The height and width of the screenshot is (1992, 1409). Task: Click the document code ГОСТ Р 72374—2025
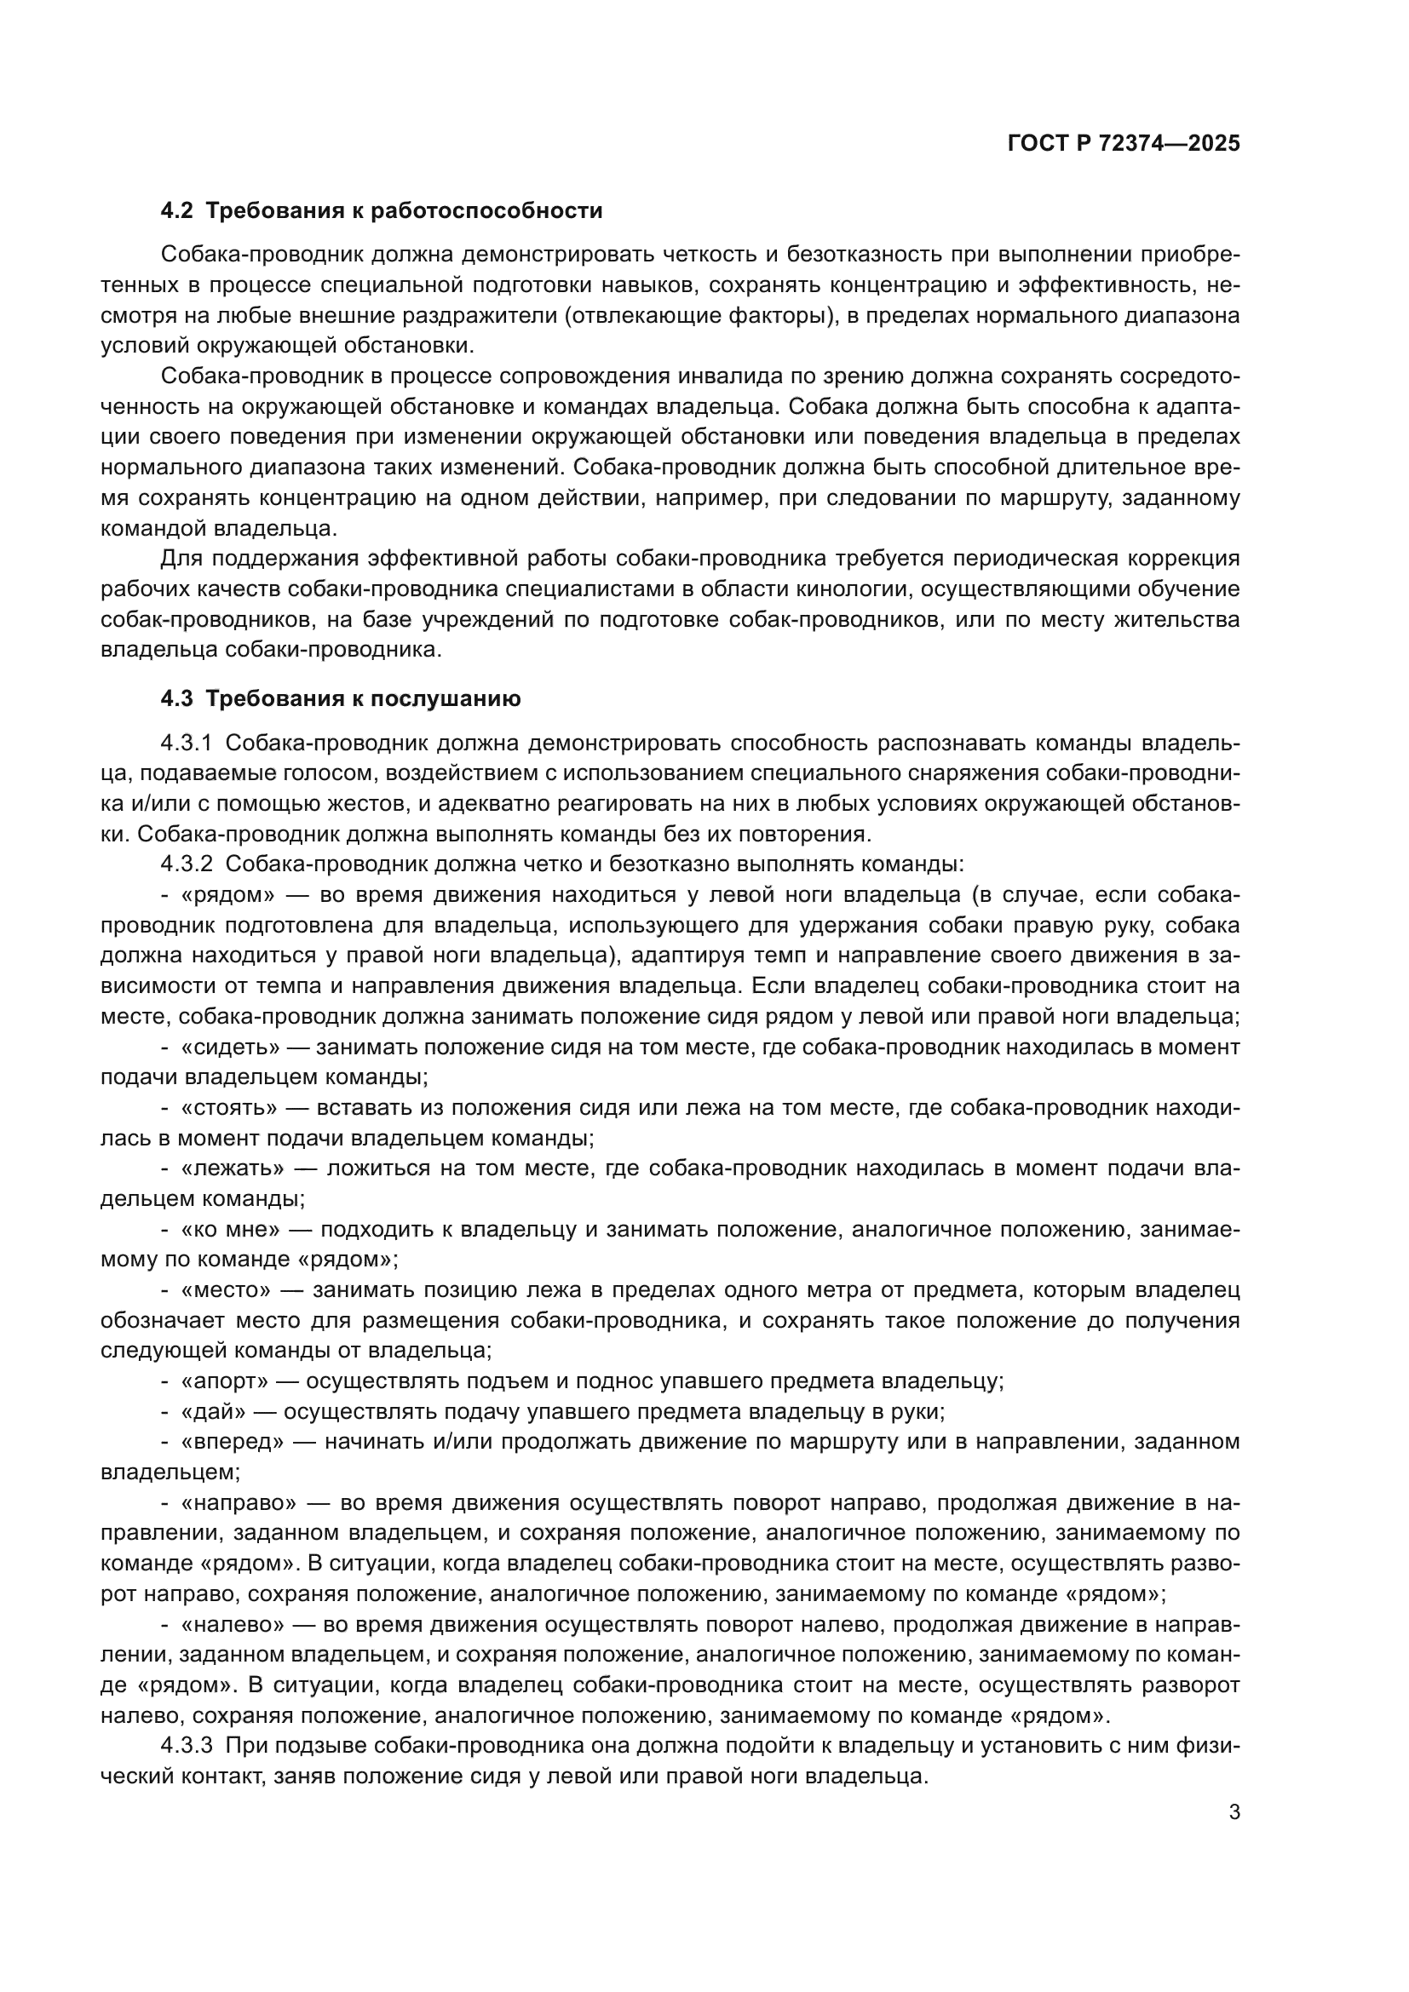tap(1124, 144)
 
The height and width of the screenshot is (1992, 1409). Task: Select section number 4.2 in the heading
tap(178, 211)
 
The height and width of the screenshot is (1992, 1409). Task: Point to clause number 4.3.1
tap(187, 743)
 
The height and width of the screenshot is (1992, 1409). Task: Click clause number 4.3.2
tap(187, 865)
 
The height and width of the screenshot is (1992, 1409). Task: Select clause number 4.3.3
tap(187, 1746)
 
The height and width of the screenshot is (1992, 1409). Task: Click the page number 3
tap(1234, 1812)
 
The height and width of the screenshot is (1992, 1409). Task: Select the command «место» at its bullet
tap(226, 1290)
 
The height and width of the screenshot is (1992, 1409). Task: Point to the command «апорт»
tap(225, 1381)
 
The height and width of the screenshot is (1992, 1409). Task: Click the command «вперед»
tap(233, 1442)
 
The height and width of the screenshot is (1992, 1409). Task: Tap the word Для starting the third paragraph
tap(182, 560)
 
